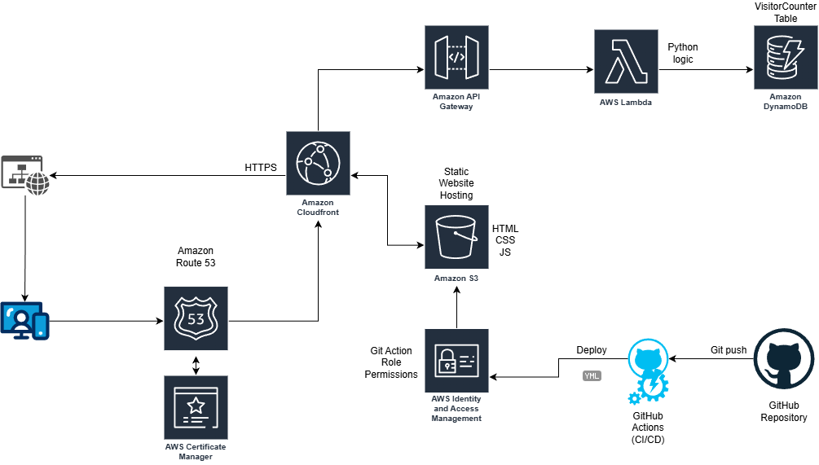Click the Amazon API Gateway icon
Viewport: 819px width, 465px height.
[457, 57]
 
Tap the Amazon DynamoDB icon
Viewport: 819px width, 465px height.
[785, 57]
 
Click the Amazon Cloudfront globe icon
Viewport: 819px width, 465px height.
[318, 163]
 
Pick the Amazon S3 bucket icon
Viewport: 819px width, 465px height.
[456, 237]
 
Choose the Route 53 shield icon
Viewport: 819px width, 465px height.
[196, 318]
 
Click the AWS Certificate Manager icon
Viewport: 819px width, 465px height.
[196, 407]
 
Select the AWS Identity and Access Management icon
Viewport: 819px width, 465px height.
[456, 361]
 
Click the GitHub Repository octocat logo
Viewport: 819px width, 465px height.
[784, 362]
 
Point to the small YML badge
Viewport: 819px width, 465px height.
[592, 376]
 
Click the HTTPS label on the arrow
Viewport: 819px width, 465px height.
[261, 168]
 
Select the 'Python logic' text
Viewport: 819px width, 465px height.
[682, 53]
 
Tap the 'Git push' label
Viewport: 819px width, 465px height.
[728, 350]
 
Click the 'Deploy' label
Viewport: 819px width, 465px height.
[592, 350]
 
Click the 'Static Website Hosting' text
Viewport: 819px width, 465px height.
[456, 184]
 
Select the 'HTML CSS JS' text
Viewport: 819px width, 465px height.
[504, 240]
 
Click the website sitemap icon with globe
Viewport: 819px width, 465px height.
[25, 174]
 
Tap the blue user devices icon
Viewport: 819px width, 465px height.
[24, 321]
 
